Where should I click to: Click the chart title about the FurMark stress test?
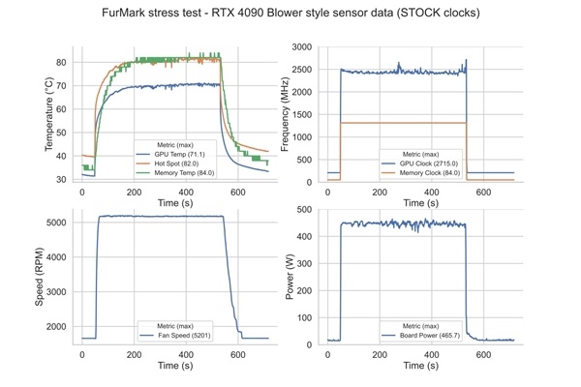290,15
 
